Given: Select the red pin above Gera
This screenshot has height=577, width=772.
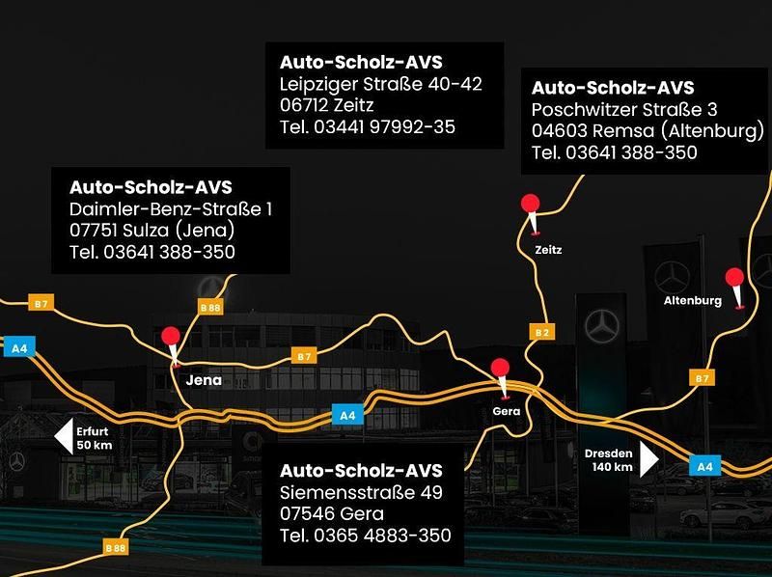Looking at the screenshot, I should point(500,370).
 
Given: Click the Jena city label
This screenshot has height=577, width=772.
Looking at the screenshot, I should point(203,380).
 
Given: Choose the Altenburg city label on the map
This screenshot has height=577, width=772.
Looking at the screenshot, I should point(692,301).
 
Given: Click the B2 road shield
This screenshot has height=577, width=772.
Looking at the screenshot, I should point(541,332).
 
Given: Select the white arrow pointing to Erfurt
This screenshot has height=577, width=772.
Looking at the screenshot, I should point(63,437).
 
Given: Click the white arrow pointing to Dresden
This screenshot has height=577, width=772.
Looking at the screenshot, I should point(649,458).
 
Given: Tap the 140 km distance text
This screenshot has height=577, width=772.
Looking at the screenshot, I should point(613,467).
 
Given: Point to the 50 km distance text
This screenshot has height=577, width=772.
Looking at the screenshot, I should point(95,445).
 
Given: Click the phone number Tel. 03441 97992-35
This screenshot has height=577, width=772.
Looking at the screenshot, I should point(367,126).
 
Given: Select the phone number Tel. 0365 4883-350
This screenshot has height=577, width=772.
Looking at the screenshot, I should point(365,536).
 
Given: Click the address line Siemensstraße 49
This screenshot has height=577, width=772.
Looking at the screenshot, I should point(360,493).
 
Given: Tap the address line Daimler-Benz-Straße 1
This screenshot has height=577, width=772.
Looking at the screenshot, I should point(171,208).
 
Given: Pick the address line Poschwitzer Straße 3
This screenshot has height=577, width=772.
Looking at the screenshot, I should point(624,109).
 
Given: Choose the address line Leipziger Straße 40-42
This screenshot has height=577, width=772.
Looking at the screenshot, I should point(380,83).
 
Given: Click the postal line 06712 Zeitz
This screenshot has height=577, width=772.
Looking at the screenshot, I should point(326,104).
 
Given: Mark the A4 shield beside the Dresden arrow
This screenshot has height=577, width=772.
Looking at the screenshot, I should point(705,466).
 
